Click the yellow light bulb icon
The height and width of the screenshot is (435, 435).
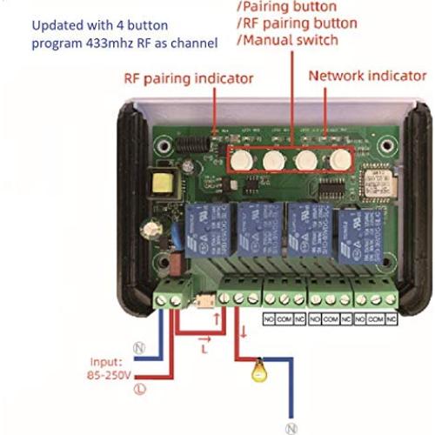coord(256,368)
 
